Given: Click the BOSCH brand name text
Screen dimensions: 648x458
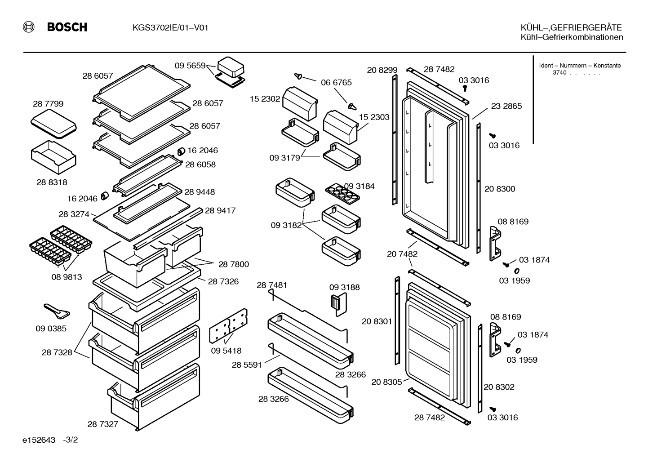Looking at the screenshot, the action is coord(67,27).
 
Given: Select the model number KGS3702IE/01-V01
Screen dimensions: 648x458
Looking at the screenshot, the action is coord(170,28).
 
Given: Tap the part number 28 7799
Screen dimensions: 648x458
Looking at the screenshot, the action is coord(48,103).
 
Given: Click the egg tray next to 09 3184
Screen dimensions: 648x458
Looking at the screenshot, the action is coord(342,194).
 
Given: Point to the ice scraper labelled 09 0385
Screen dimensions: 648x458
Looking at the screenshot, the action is coord(57,311).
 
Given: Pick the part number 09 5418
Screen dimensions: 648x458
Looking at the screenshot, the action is coord(226,351).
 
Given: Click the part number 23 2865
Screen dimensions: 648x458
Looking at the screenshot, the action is coord(506,106).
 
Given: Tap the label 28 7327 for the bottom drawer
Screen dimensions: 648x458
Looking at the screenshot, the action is coord(103,424).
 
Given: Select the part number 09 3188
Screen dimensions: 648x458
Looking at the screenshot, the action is coord(344,287).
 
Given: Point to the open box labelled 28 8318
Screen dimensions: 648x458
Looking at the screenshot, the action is coord(53,157).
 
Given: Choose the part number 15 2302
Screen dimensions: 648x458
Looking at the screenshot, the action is coord(265,99).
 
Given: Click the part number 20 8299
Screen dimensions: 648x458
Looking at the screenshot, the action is coord(382,70).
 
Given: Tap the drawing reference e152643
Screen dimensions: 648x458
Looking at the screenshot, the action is coord(39,440).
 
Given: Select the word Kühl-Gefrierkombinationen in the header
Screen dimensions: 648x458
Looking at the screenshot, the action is coord(572,37).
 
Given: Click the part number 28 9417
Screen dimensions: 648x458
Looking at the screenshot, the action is coord(220,210).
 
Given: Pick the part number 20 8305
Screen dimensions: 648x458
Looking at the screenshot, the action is coord(386,382).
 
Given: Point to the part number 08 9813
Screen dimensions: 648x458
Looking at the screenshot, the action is coord(67,277).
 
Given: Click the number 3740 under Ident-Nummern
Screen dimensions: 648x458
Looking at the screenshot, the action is coord(559,73).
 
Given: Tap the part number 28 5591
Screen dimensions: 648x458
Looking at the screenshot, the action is coord(246,365).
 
